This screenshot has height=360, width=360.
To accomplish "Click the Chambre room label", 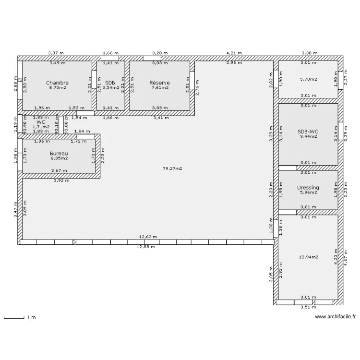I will pyautogui.click(x=57, y=83).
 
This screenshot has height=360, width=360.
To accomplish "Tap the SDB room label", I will pyautogui.click(x=110, y=83).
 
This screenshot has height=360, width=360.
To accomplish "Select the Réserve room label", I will pyautogui.click(x=159, y=83).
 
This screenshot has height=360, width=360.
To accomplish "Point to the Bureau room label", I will pyautogui.click(x=59, y=154).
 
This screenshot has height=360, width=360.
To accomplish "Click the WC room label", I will pyautogui.click(x=41, y=122).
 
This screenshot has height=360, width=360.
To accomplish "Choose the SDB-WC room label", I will pyautogui.click(x=308, y=131).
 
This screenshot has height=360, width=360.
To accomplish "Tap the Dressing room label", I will pyautogui.click(x=308, y=188).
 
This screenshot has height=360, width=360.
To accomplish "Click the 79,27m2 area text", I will pyautogui.click(x=172, y=168).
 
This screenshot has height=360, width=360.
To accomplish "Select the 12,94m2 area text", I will pyautogui.click(x=308, y=257).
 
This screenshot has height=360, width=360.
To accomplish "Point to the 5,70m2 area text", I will pyautogui.click(x=308, y=80).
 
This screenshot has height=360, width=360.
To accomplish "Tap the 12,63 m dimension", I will pyautogui.click(x=147, y=237).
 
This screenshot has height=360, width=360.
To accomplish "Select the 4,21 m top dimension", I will pyautogui.click(x=234, y=53).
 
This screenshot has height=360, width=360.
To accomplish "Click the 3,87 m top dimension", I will pyautogui.click(x=56, y=53).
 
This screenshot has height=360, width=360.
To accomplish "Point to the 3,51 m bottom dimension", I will pyautogui.click(x=308, y=308).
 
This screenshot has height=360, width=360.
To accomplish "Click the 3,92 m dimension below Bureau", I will pyautogui.click(x=60, y=180).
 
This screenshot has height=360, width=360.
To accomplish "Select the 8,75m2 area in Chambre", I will pyautogui.click(x=57, y=88).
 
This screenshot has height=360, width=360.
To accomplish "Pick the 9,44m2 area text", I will pyautogui.click(x=308, y=136).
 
